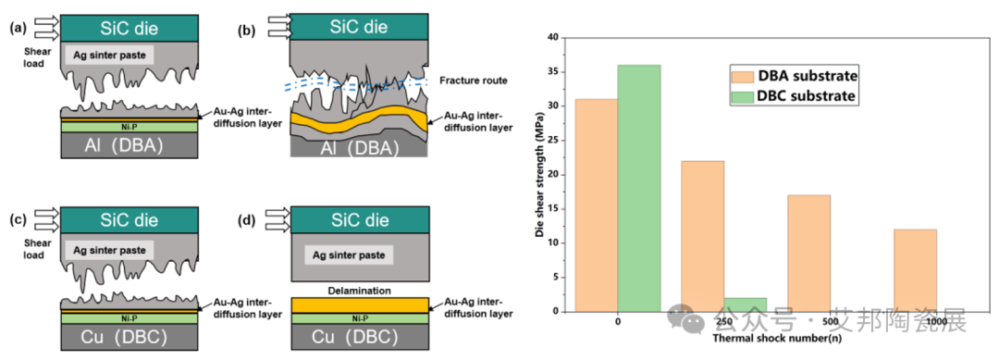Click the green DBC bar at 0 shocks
639,189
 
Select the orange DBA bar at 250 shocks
703,236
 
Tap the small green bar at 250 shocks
746,305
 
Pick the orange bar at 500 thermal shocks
809,254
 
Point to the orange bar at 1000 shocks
915,271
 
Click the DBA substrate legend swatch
742,77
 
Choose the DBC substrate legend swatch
742,97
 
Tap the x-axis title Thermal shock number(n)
777,338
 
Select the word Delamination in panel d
359,290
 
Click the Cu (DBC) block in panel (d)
359,337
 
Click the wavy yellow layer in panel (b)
359,118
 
